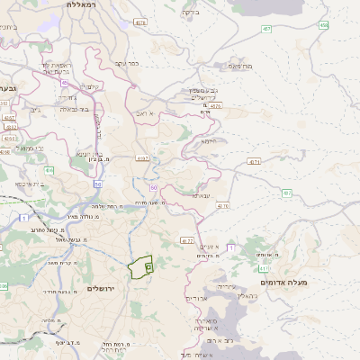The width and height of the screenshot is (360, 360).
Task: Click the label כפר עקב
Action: [x=126, y=63]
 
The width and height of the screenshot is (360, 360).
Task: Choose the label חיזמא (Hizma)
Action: [x=210, y=140]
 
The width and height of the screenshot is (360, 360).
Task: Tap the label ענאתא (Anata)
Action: [x=202, y=194]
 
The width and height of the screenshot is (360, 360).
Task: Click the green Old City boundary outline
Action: [x=140, y=267]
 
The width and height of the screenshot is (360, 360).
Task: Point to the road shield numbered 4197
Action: [x=142, y=158]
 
